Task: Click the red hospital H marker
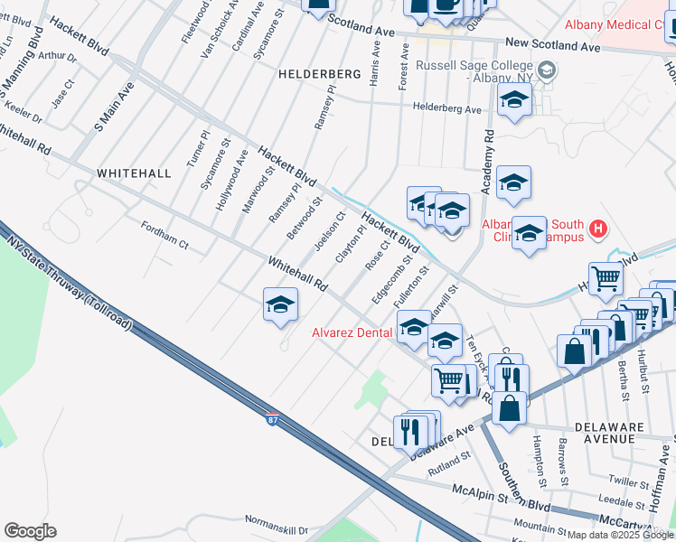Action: pyautogui.click(x=597, y=229)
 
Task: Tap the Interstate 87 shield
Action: pyautogui.click(x=273, y=420)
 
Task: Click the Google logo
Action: pyautogui.click(x=30, y=531)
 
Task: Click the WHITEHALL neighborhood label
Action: pyautogui.click(x=133, y=173)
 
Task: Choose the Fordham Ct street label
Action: pyautogui.click(x=164, y=236)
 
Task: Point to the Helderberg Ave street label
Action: pyautogui.click(x=447, y=108)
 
